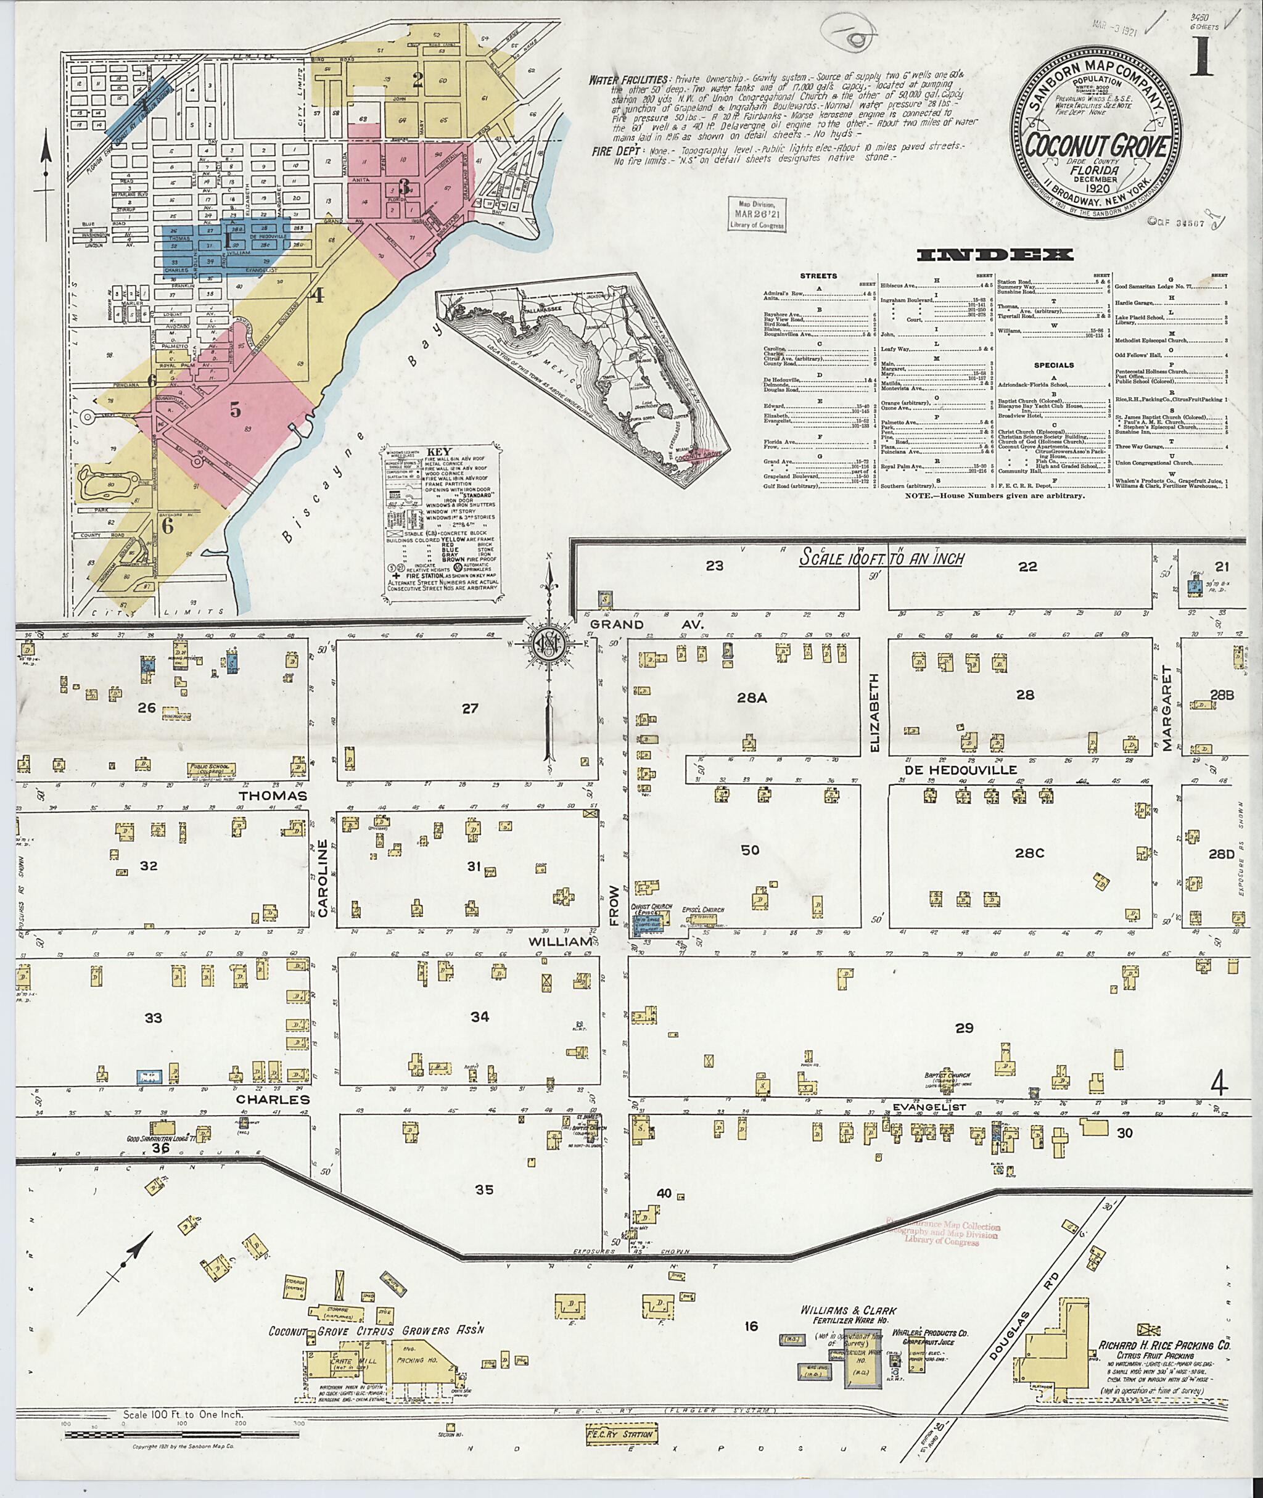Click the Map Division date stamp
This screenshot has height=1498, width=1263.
pyautogui.click(x=757, y=213)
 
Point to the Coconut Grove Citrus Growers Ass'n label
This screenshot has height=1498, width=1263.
pyautogui.click(x=377, y=1330)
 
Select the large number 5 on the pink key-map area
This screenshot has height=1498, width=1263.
pyautogui.click(x=234, y=409)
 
